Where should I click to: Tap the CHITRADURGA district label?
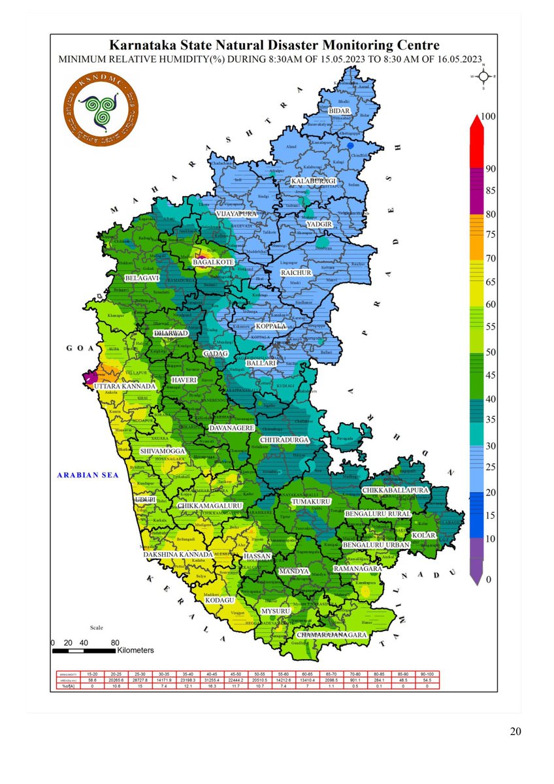click(x=284, y=440)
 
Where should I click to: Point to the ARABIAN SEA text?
click(x=87, y=476)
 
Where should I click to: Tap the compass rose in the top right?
click(x=483, y=76)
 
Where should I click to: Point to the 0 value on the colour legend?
click(x=487, y=579)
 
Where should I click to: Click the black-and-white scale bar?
click(x=83, y=651)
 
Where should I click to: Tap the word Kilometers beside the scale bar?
click(x=135, y=651)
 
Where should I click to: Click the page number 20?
click(x=515, y=731)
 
